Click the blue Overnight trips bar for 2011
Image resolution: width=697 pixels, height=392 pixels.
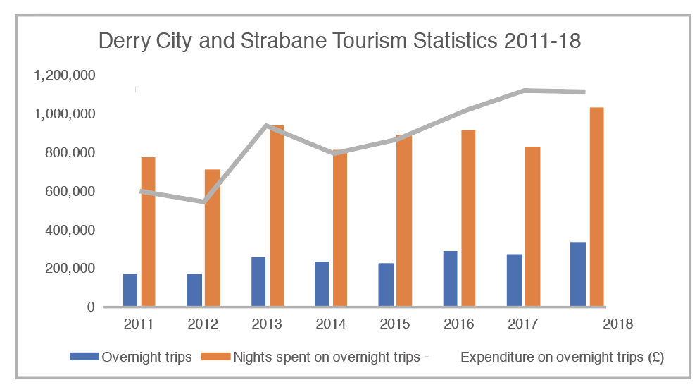click(130, 290)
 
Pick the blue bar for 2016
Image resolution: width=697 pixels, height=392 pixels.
click(450, 278)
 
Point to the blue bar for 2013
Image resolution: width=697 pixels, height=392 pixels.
click(258, 281)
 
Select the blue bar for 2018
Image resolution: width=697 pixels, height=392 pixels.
click(578, 274)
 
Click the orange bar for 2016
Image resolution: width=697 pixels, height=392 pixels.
click(468, 218)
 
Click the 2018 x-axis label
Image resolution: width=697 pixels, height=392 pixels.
click(617, 324)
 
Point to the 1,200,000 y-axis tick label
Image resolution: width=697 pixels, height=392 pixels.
click(64, 75)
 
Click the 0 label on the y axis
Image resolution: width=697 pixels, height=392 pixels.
click(90, 307)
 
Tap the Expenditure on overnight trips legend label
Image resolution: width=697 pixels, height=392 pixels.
click(562, 357)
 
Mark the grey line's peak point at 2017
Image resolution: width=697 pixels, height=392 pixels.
click(525, 90)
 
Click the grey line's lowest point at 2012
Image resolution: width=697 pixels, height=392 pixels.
click(204, 202)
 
